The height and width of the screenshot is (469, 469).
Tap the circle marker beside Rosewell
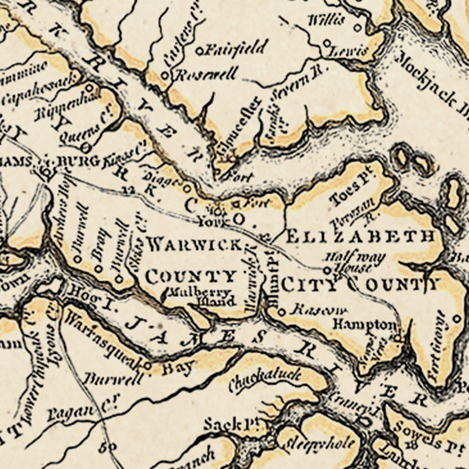[165, 76]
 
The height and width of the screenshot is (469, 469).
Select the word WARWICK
[194, 243]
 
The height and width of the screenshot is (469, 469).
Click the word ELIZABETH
[361, 236]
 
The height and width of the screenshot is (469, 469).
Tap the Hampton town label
[364, 324]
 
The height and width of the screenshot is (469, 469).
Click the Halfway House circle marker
[327, 270]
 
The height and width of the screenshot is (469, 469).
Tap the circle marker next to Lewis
[327, 43]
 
